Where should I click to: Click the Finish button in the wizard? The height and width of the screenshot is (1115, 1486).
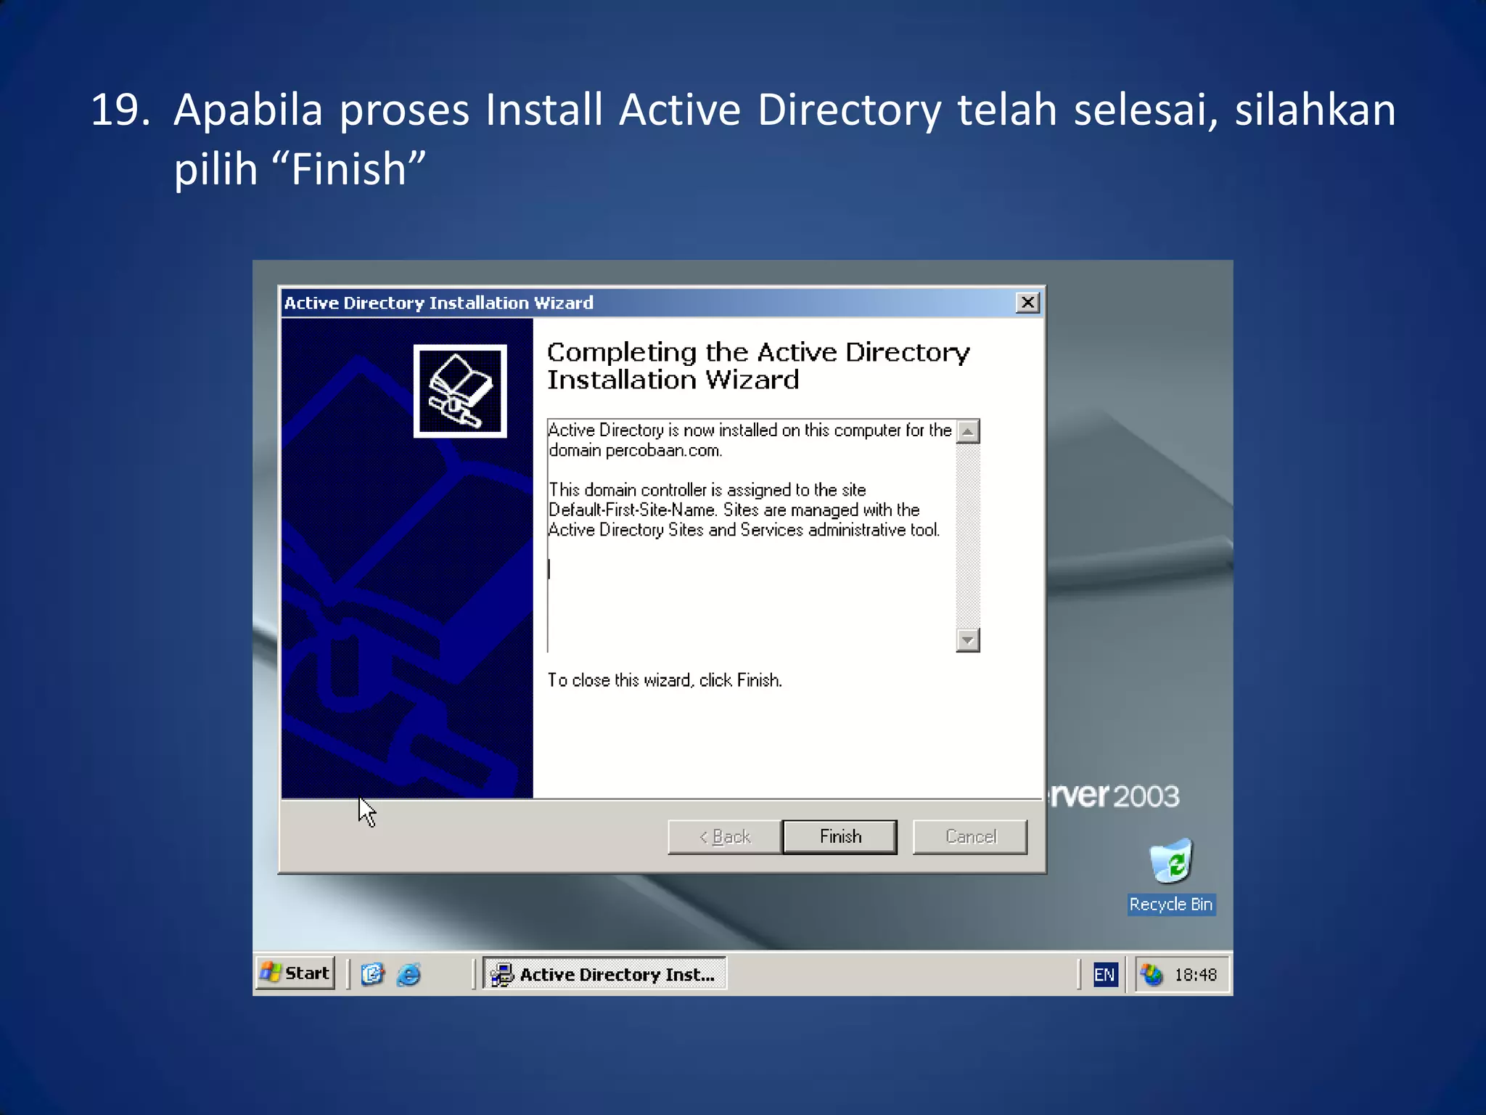[x=840, y=837]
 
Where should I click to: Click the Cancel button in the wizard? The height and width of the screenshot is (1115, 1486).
[x=970, y=837]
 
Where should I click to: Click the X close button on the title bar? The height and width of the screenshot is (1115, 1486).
[x=1027, y=303]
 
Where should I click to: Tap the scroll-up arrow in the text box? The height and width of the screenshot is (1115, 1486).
[x=968, y=431]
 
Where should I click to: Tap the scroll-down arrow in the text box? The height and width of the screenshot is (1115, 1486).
[x=968, y=640]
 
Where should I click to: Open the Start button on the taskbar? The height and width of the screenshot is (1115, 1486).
[x=296, y=973]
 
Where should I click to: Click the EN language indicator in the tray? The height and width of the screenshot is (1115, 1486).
[x=1104, y=975]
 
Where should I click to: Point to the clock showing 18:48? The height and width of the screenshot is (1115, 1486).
[x=1195, y=975]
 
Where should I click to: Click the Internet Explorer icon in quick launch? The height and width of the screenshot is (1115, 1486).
[x=409, y=974]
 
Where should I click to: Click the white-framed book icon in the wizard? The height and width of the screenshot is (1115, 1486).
[x=460, y=391]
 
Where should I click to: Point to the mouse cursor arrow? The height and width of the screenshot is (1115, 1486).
[x=366, y=810]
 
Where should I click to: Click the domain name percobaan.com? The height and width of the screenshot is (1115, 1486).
[x=663, y=451]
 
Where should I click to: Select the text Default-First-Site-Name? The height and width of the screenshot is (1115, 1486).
[x=631, y=510]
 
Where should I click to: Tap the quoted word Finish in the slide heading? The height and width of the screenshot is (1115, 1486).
[x=348, y=170]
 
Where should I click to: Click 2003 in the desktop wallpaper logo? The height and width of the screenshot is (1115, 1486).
[x=1146, y=796]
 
